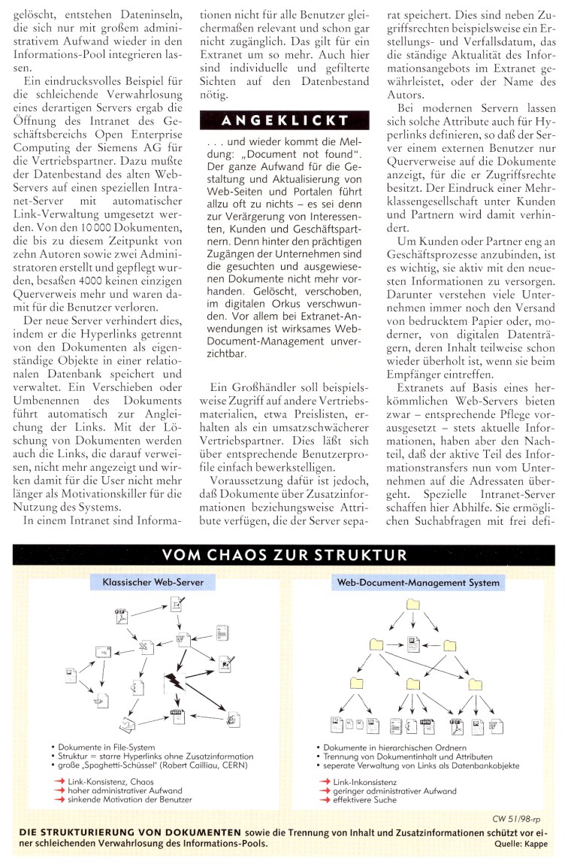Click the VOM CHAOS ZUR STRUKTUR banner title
[x=285, y=556]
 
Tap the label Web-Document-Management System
[x=418, y=582]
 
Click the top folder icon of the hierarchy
[x=413, y=605]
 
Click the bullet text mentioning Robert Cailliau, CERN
[x=154, y=765]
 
